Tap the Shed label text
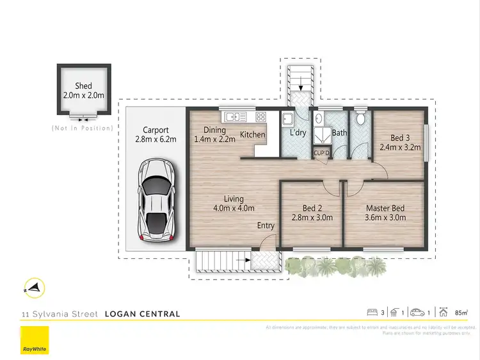coord(83,86)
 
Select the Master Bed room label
coord(385,208)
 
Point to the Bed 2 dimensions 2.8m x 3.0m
coord(304,217)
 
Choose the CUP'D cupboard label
coord(321,153)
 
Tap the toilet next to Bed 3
coord(361,119)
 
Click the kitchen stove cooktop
coord(261,117)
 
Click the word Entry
coord(266,226)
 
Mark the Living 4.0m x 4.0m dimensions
coord(234,208)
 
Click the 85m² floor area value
coord(461,313)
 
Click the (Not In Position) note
coord(83,129)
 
